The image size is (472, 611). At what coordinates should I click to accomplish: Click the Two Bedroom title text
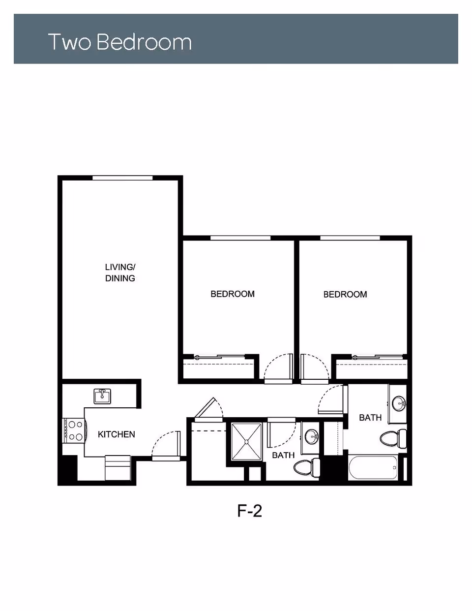coord(119,42)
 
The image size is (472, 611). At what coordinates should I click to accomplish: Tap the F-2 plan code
coord(249,511)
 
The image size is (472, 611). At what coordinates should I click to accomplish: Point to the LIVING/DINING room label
coord(120,273)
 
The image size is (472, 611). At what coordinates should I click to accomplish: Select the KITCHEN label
coord(116,434)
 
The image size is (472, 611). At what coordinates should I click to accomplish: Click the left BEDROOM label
coord(233,294)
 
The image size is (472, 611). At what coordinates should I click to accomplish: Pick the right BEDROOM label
coord(345,295)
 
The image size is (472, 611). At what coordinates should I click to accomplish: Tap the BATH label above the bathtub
coord(370,418)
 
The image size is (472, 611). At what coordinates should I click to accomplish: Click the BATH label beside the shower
coord(283,455)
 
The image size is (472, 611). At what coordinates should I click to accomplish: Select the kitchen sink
coord(103,396)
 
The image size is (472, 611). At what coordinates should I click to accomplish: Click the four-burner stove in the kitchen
coord(73,430)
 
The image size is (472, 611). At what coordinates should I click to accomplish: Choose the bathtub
coord(373,468)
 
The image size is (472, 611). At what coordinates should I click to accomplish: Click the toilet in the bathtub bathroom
coord(393,437)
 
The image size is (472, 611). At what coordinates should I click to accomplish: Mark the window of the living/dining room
coord(122,178)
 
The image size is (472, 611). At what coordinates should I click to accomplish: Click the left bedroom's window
coord(240,239)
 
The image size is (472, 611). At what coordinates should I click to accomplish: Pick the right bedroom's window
coord(350,239)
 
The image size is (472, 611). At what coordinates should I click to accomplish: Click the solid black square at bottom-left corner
coord(68,470)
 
